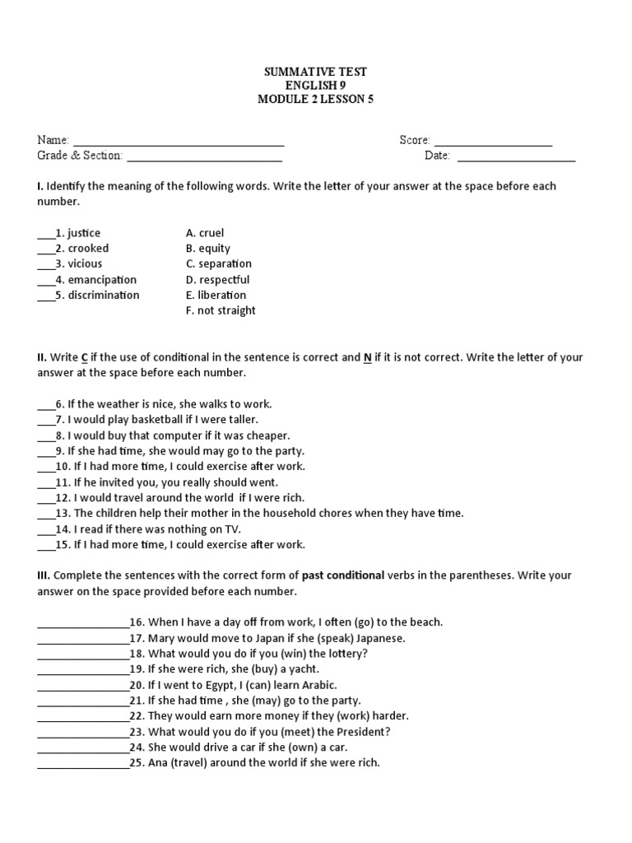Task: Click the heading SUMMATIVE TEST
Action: [x=315, y=72]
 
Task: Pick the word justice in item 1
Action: [x=84, y=233]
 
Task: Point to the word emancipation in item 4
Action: [x=102, y=280]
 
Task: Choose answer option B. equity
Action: [x=208, y=249]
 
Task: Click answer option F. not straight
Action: [x=221, y=311]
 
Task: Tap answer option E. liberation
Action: [x=216, y=296]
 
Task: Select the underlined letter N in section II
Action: [x=368, y=358]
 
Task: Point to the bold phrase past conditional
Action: [x=343, y=575]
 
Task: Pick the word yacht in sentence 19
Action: [x=302, y=669]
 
